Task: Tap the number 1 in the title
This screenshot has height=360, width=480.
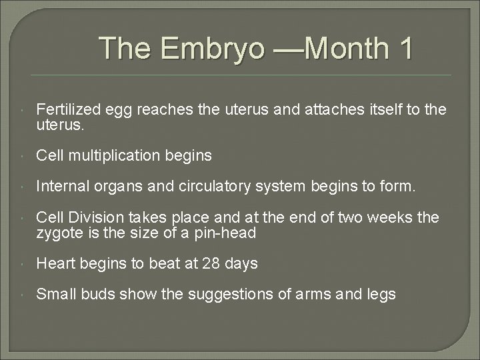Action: click(x=403, y=49)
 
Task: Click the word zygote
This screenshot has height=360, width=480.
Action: click(x=59, y=233)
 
